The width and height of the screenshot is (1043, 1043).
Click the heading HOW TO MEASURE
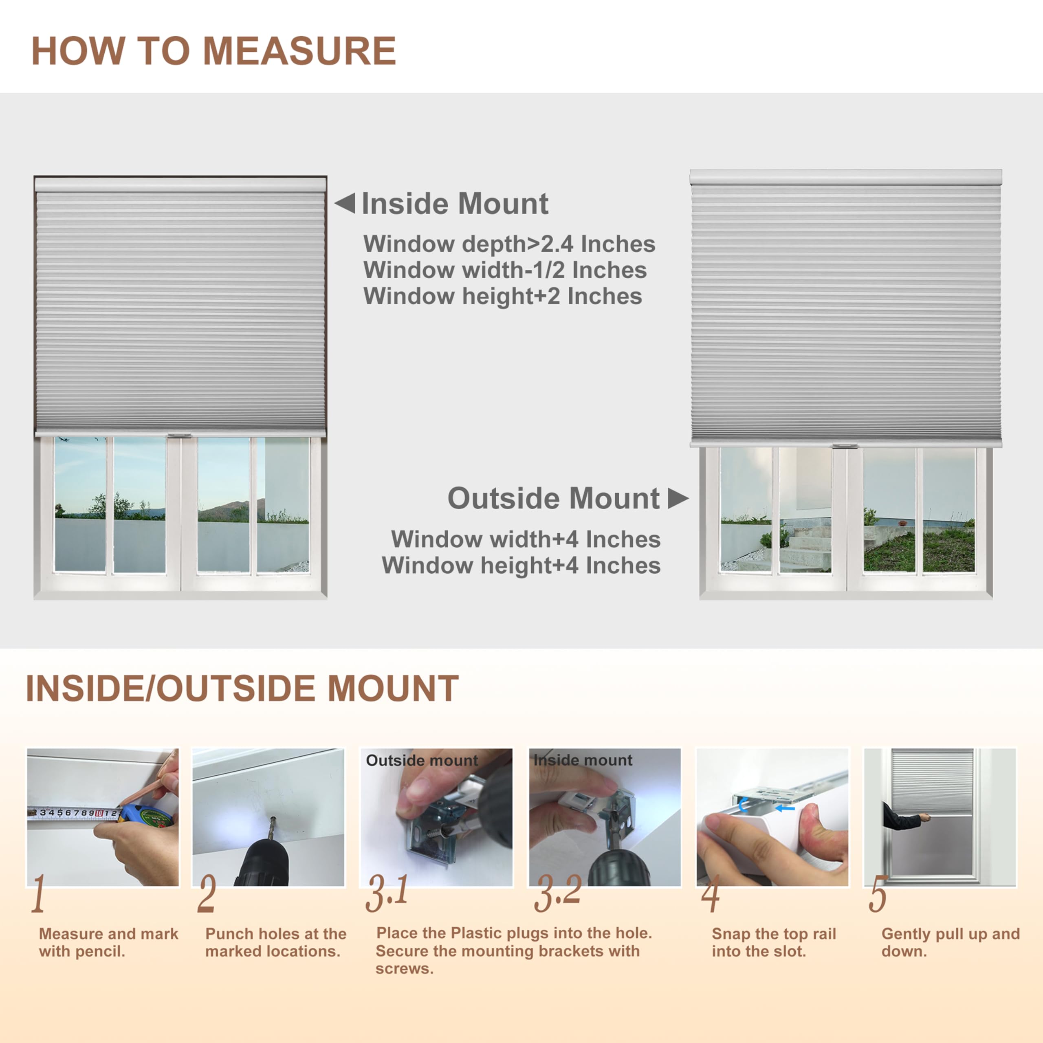[x=214, y=51]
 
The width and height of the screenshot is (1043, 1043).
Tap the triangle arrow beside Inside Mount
[x=346, y=204]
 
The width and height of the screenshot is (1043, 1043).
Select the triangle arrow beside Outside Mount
[x=677, y=498]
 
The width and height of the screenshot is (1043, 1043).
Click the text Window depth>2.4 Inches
[x=509, y=244]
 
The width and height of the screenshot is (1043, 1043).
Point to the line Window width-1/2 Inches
[x=505, y=270]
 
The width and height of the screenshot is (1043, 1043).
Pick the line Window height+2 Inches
[x=503, y=296]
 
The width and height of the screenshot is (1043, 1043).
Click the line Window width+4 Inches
[x=525, y=539]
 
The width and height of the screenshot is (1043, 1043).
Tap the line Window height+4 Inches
[x=521, y=565]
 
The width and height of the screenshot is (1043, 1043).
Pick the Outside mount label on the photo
[x=422, y=760]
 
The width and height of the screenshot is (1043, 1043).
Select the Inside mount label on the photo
[x=583, y=760]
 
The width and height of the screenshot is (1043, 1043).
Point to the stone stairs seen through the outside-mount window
[x=804, y=545]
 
